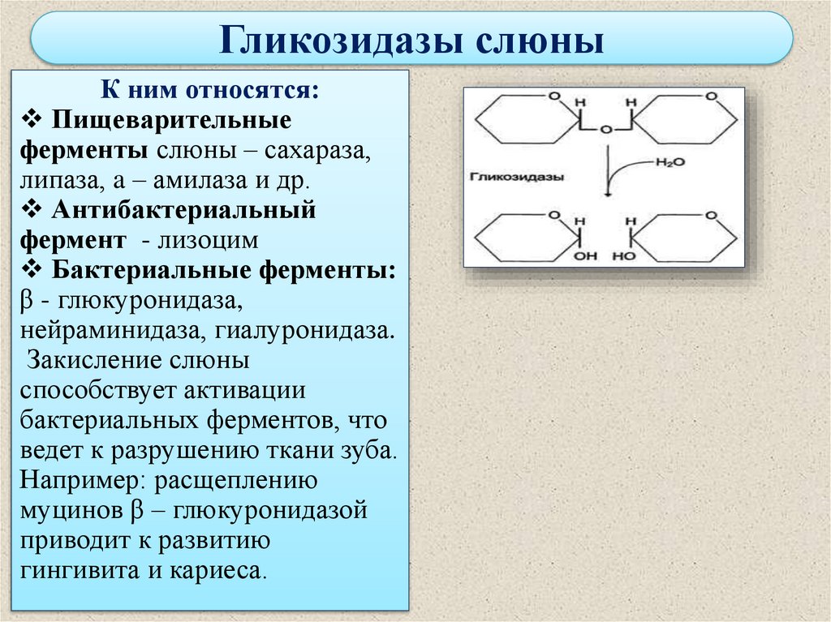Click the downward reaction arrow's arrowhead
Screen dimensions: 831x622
coord(606,195)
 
